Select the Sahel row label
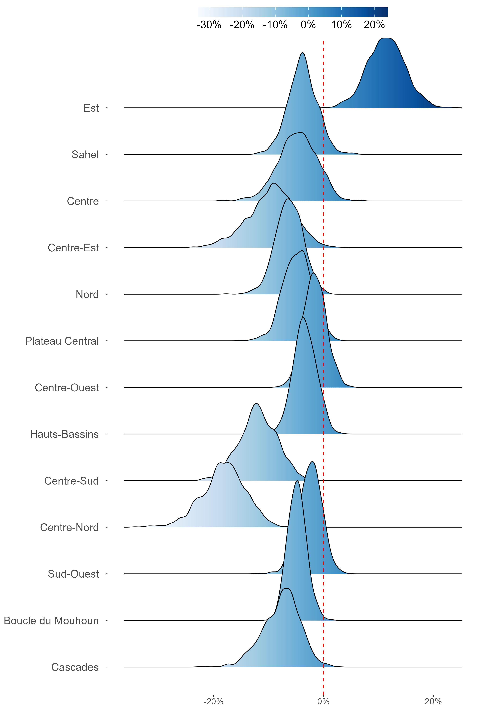pos(85,154)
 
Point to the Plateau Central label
pos(62,341)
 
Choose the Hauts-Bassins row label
pos(64,434)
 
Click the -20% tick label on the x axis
pos(213,701)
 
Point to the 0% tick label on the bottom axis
pos(323,701)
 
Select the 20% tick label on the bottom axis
pos(433,701)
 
